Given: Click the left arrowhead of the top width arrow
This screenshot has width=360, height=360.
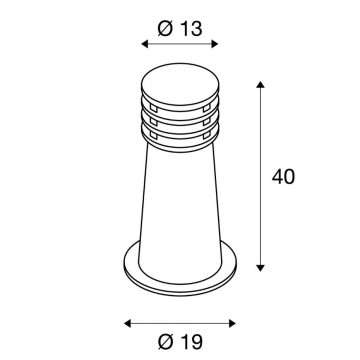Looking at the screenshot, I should (x=145, y=44).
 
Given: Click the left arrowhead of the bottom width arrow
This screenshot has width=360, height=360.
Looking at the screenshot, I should (x=127, y=322).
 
